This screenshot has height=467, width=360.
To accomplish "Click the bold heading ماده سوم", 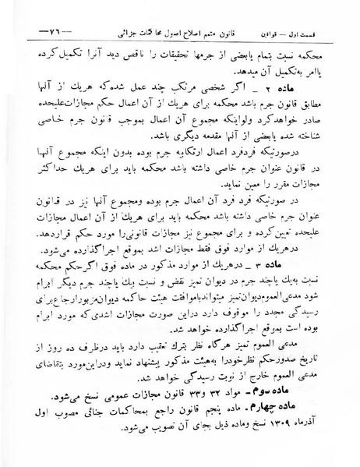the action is (298, 380).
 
